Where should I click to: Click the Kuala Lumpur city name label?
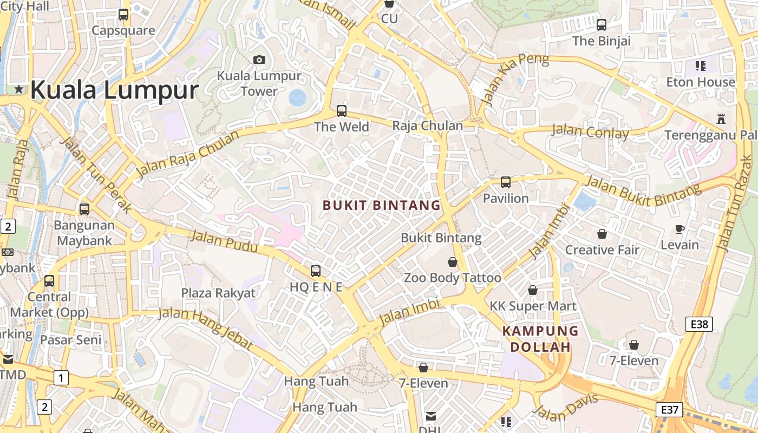(114, 90)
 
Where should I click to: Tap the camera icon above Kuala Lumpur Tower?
(259, 60)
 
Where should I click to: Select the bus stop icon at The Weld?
(341, 111)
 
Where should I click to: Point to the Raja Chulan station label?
(427, 126)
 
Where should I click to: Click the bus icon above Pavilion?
(505, 182)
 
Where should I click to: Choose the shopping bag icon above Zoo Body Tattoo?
(453, 263)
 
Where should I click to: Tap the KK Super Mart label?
(533, 306)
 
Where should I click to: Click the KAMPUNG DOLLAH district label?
(540, 339)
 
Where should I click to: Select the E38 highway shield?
(699, 324)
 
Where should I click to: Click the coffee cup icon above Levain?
(680, 229)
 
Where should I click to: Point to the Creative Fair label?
(602, 250)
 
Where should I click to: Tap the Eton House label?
(701, 82)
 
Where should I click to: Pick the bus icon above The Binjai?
(601, 25)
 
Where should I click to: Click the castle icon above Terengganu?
(721, 119)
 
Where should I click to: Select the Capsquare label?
(123, 30)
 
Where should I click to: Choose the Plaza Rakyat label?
(218, 293)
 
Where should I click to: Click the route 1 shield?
(61, 378)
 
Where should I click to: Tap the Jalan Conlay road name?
(590, 132)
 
